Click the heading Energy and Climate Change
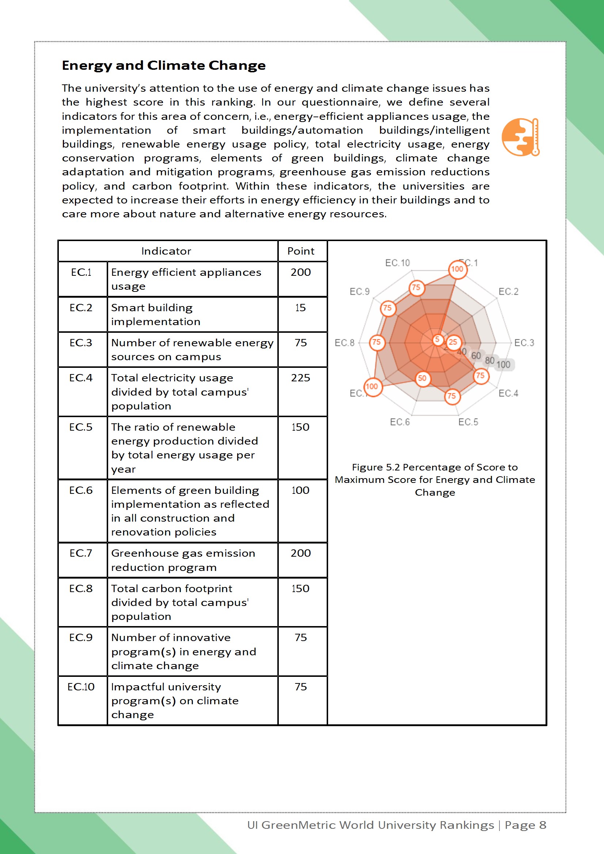[164, 65]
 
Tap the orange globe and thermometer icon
[520, 137]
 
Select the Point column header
[301, 251]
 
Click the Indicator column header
[166, 251]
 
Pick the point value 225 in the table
[301, 378]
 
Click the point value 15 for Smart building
[301, 308]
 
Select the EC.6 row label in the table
[81, 490]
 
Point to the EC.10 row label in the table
[81, 687]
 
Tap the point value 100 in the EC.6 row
[301, 490]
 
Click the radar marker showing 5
[437, 339]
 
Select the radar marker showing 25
[453, 342]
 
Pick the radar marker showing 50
[422, 379]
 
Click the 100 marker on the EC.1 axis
[457, 269]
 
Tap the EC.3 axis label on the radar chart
[524, 343]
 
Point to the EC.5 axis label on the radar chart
[468, 422]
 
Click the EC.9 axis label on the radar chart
[360, 291]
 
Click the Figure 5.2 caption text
[435, 480]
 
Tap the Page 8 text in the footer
[525, 825]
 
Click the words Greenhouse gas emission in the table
[183, 553]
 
